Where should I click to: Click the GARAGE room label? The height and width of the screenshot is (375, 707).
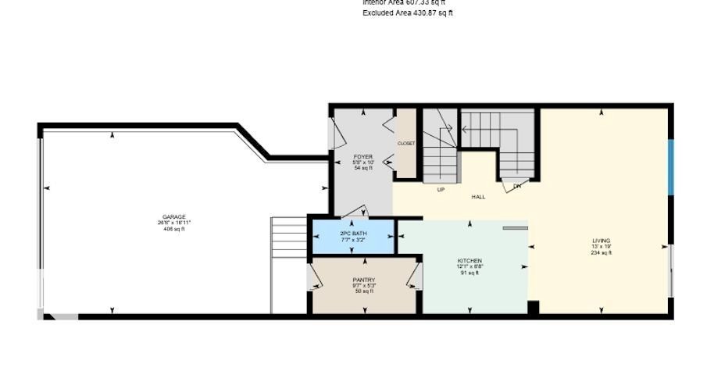click(173, 216)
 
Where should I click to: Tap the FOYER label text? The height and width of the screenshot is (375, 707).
click(363, 156)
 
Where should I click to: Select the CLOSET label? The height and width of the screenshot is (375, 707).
click(406, 144)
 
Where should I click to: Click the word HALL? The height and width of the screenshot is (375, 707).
click(478, 197)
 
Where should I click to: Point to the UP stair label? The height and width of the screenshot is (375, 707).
click(441, 190)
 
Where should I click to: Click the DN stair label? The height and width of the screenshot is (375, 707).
click(516, 186)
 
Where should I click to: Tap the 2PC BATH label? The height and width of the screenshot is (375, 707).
click(353, 234)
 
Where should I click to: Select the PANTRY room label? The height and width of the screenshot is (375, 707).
click(364, 280)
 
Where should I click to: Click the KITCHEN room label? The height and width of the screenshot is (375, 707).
click(470, 260)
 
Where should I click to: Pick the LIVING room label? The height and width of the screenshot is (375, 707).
click(601, 241)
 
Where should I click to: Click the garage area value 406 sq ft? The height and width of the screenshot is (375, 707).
click(173, 229)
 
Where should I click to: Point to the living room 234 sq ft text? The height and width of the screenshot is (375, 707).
click(601, 253)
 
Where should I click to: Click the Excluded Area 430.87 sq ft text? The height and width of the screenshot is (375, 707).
click(408, 13)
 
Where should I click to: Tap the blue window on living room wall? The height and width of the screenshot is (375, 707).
click(670, 166)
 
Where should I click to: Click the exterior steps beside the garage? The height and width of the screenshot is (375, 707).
click(289, 238)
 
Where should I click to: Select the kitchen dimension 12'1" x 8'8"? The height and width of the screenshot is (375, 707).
click(470, 266)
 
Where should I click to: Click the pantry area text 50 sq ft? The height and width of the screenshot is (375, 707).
click(364, 291)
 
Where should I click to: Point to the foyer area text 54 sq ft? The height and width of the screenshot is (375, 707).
click(363, 168)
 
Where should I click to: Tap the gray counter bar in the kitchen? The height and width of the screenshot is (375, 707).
click(516, 229)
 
